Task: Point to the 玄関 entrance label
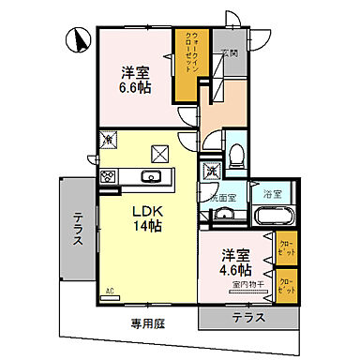(x=229, y=54)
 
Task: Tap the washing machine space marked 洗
(x=212, y=172)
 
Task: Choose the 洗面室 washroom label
(x=222, y=199)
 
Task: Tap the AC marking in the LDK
(x=110, y=291)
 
